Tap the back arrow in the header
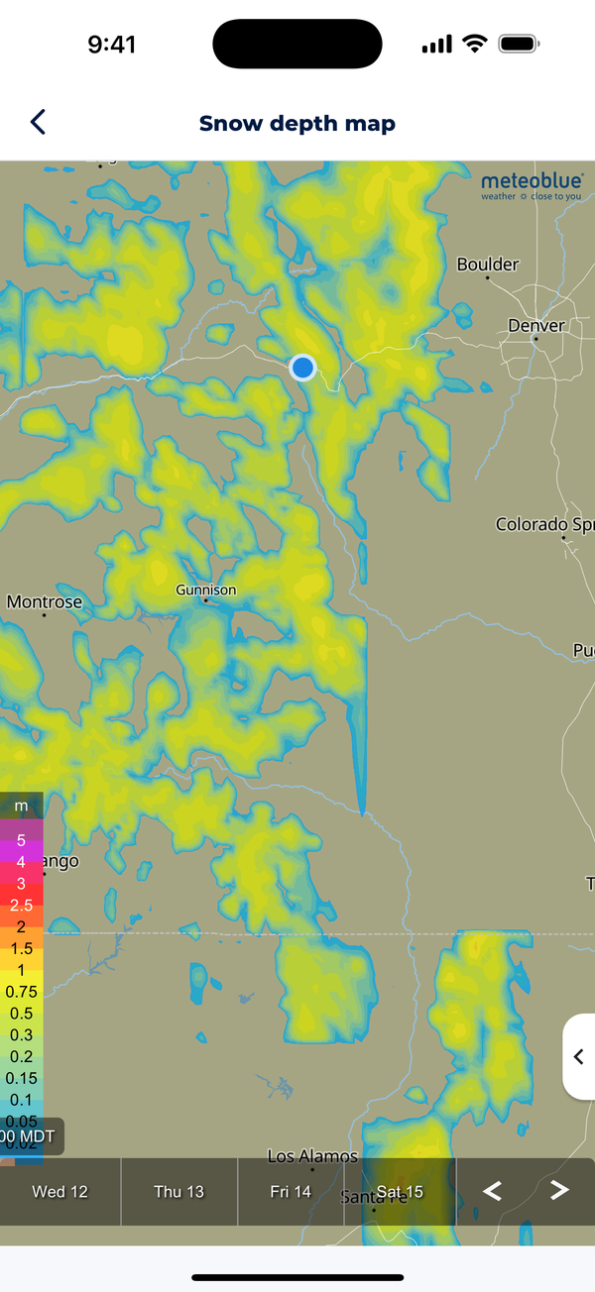pos(38,122)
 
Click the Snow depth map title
pos(297,124)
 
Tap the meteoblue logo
pos(532,185)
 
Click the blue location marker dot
pos(302,368)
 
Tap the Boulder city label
pos(487,265)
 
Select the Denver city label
pos(535,326)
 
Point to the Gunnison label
pos(206,590)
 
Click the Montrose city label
pos(45,601)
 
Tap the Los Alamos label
pos(312,1156)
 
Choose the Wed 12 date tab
pos(60,1191)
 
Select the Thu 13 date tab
pos(179,1191)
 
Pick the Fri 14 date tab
pos(291,1191)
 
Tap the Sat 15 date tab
pos(400,1191)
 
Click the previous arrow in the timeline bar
pos(492,1191)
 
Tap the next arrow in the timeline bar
pos(559,1191)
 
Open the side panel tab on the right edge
pos(579,1056)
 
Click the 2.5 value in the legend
pos(21,906)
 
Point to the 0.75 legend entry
pos(21,992)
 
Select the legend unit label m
pos(21,806)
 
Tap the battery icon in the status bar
pos(518,45)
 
